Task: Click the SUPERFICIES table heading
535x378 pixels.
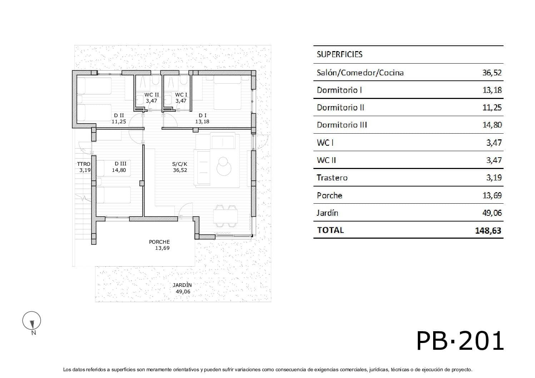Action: (339, 54)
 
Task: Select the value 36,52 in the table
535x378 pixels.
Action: (492, 73)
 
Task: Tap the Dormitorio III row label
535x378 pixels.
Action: (342, 125)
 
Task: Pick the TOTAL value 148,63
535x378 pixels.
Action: (488, 230)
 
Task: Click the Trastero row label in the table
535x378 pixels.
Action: (332, 178)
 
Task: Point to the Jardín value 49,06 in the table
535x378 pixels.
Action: (492, 213)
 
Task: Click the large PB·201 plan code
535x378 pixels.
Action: (460, 341)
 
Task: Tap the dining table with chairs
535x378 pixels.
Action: (226, 216)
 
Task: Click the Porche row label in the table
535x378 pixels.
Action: (329, 195)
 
